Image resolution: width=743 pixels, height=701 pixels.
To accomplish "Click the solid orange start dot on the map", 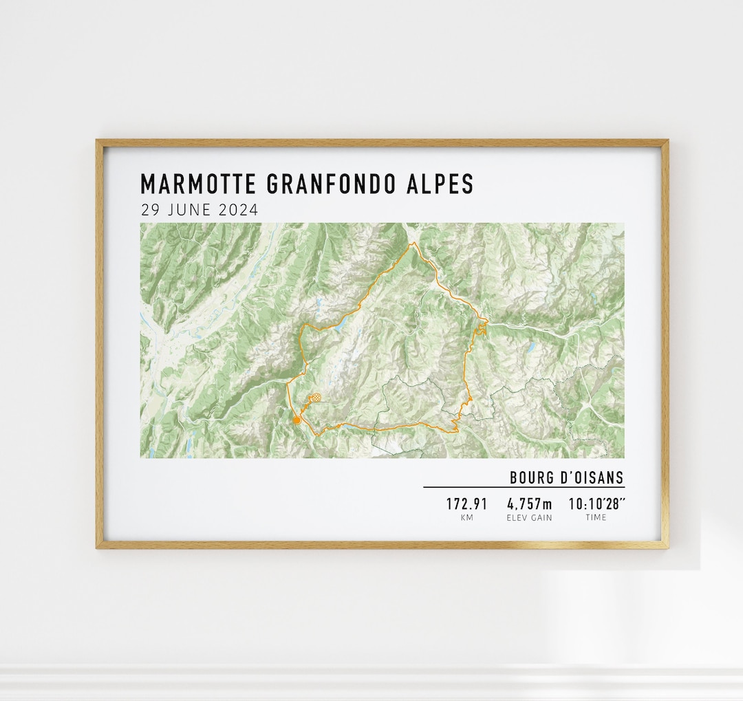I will [x=296, y=420].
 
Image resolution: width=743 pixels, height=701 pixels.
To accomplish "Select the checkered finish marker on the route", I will [x=315, y=398].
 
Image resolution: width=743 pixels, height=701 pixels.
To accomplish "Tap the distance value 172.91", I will [x=466, y=504].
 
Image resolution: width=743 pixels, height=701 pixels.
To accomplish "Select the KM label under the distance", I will [x=466, y=517].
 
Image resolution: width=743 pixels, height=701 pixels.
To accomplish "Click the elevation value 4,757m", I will [x=529, y=504].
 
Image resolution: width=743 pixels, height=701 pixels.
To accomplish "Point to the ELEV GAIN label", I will [x=529, y=517].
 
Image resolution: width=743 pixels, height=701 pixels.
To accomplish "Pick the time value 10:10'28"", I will [x=596, y=504].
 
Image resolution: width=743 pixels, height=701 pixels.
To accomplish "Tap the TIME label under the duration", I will [x=596, y=517].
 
